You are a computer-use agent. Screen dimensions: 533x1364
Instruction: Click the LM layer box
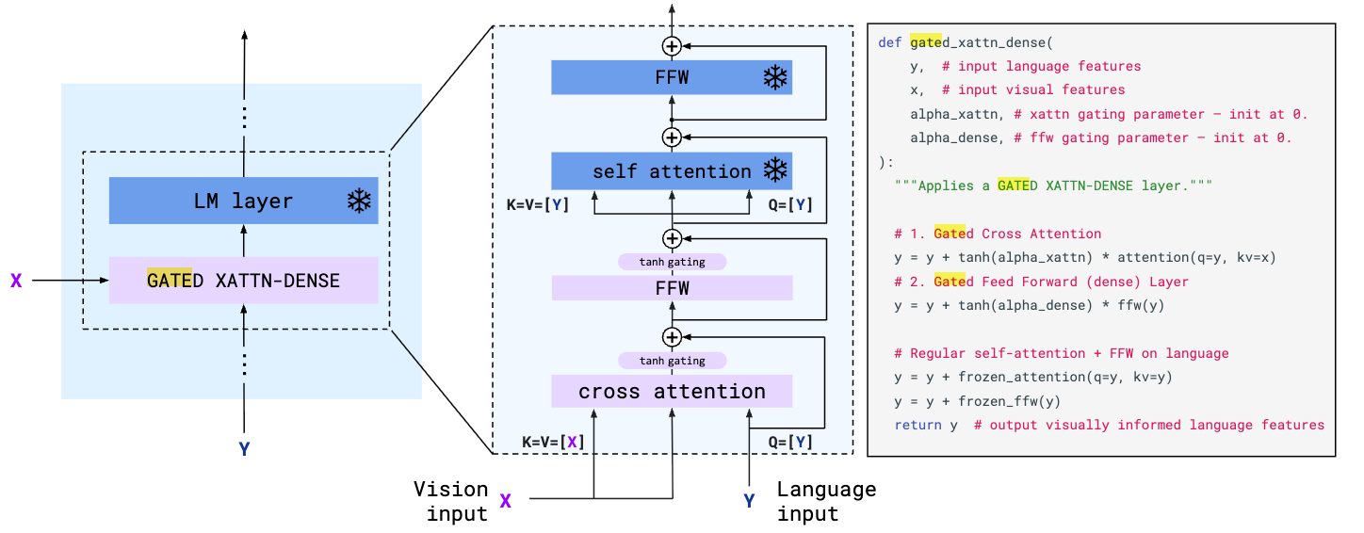point(243,201)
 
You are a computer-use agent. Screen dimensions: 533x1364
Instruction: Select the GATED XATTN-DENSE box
point(243,280)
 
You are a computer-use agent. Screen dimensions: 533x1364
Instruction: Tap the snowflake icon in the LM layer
point(359,201)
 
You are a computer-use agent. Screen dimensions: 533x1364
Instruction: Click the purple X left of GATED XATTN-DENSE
point(16,280)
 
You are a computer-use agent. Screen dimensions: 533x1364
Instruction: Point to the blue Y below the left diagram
point(244,449)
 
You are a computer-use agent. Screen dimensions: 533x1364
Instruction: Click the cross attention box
point(672,391)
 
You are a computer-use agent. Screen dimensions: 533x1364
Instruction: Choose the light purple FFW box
point(672,288)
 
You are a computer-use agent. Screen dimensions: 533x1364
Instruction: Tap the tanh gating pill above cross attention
point(672,361)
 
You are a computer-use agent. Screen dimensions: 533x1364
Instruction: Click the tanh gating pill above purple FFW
point(672,262)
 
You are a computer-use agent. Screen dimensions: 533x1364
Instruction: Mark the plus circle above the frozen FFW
point(672,45)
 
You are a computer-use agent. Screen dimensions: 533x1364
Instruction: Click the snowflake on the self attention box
point(774,170)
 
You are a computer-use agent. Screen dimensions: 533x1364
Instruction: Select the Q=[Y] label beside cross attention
point(790,442)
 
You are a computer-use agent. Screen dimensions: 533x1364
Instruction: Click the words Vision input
point(450,501)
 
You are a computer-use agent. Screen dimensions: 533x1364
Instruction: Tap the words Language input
point(826,501)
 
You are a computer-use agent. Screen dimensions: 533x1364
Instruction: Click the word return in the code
point(917,425)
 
